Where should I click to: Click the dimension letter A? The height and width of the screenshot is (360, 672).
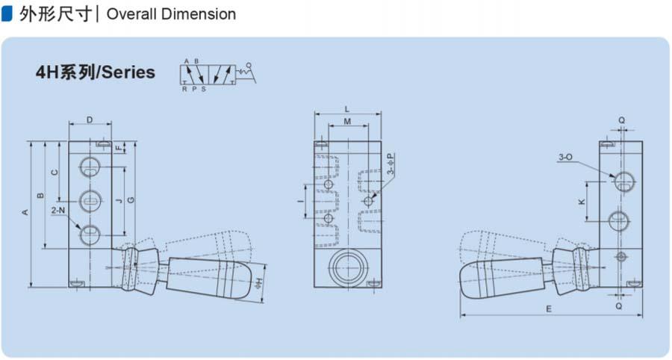click(x=25, y=212)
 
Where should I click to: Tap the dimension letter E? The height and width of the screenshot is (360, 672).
click(x=549, y=309)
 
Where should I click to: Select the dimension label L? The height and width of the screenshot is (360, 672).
click(x=347, y=110)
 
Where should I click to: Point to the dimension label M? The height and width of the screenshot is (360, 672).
click(x=347, y=122)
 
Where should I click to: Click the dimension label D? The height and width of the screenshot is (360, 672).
click(x=90, y=120)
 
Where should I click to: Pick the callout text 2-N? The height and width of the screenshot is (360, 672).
click(x=57, y=210)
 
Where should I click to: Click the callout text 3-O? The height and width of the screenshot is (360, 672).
click(x=565, y=157)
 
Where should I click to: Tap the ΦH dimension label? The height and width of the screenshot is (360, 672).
click(x=258, y=283)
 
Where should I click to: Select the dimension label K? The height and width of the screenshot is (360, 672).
click(x=582, y=202)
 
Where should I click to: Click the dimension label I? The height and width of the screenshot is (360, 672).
click(x=301, y=201)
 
